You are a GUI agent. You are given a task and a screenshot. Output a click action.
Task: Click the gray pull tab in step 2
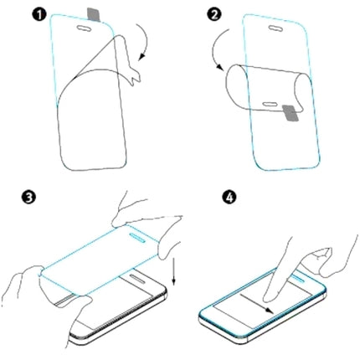(287, 111)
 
